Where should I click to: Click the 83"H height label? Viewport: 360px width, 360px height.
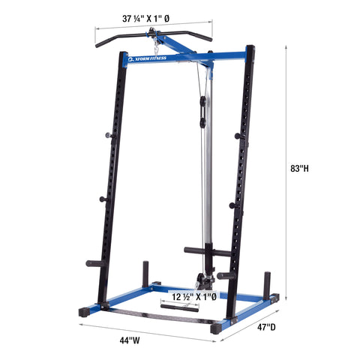[299, 169]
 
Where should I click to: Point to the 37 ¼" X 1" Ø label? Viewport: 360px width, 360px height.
[153, 17]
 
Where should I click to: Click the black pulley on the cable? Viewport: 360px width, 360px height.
[200, 113]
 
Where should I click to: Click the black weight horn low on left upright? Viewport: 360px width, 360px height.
[97, 264]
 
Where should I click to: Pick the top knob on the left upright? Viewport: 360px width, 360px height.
[106, 136]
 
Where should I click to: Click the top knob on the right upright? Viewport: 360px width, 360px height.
[237, 136]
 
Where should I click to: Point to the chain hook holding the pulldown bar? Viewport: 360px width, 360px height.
[154, 34]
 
